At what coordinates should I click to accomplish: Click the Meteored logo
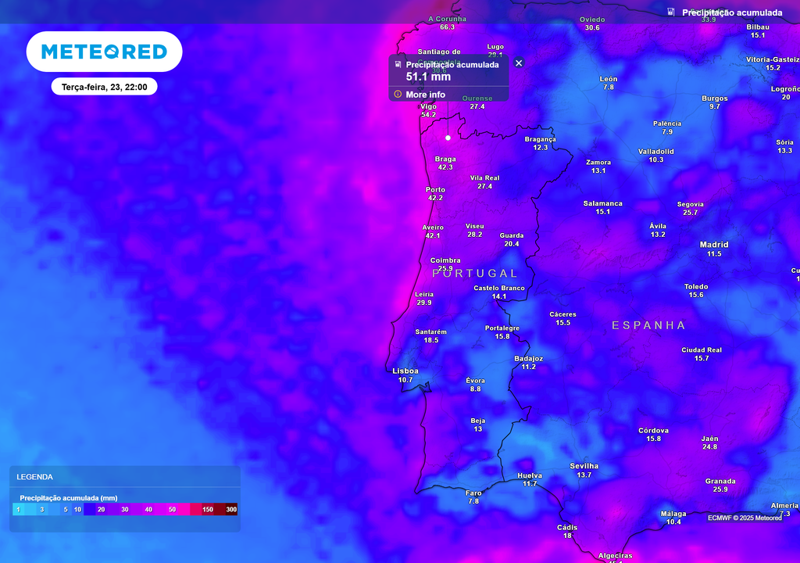pos(104,52)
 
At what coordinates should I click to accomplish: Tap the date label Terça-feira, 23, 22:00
pos(105,87)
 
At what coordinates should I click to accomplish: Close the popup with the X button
pos(519,63)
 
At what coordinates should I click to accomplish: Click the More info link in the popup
pos(425,95)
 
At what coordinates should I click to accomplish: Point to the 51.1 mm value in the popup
pos(428,77)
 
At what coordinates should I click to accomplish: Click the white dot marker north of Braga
pos(448,138)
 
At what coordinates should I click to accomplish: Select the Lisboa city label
pos(405,371)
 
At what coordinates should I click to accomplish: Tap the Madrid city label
pos(714,245)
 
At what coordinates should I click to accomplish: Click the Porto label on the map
pos(435,190)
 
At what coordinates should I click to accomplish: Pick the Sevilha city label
pos(584,466)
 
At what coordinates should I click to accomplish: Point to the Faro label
pos(473,493)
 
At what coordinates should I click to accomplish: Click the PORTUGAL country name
pos(475,273)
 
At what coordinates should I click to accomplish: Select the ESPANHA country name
pos(648,325)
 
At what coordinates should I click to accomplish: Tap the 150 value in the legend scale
pos(208,510)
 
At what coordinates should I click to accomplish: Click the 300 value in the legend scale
pos(231,510)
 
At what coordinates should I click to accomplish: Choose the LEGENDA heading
pos(35,476)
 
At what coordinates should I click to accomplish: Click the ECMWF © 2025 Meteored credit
pos(745,518)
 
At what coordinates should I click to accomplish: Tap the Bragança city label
pos(540,139)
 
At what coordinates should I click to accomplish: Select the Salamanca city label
pos(602,203)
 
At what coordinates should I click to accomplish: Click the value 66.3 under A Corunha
pos(447,27)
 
